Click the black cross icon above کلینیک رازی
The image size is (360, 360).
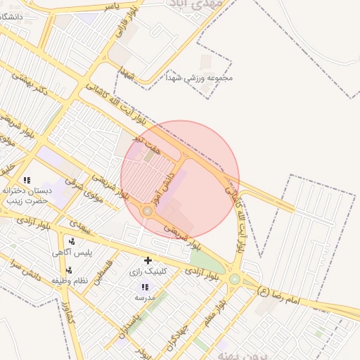(x=148, y=261)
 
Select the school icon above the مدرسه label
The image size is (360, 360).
(x=145, y=288)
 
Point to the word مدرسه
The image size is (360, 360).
(x=145, y=297)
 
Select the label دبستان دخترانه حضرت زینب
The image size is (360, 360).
(x=27, y=195)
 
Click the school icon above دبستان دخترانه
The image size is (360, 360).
(x=27, y=181)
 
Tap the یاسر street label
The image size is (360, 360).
(x=106, y=6)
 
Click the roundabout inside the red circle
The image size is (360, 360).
(x=148, y=211)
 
